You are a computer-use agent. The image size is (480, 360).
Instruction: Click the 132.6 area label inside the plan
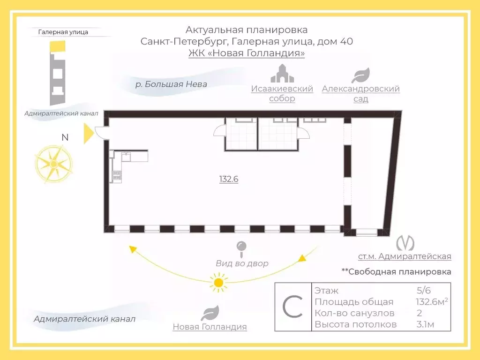click(229, 179)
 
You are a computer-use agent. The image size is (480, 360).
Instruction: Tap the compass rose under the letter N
click(53, 164)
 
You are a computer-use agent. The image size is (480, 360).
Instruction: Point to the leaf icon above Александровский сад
click(360, 75)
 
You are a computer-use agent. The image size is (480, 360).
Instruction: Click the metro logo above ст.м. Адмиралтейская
click(405, 243)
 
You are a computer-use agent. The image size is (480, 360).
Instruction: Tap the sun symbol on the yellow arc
click(217, 282)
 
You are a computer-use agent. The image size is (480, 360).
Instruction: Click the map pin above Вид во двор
click(241, 247)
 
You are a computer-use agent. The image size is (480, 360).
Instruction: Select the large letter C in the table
click(293, 307)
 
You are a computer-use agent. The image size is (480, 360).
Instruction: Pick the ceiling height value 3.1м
click(425, 324)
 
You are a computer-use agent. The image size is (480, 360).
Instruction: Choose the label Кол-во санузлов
click(354, 313)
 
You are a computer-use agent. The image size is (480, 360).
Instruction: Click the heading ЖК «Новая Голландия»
click(247, 53)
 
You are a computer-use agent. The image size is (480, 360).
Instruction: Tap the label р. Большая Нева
click(171, 84)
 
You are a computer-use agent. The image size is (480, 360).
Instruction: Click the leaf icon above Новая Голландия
click(210, 313)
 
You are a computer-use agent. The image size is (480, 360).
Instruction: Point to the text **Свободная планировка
click(396, 271)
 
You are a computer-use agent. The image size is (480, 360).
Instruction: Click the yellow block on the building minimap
click(59, 46)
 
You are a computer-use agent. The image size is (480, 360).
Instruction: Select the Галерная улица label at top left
click(63, 32)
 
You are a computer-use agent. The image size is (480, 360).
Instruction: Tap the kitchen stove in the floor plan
click(117, 176)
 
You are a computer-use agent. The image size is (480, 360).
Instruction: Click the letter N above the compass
click(65, 137)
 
